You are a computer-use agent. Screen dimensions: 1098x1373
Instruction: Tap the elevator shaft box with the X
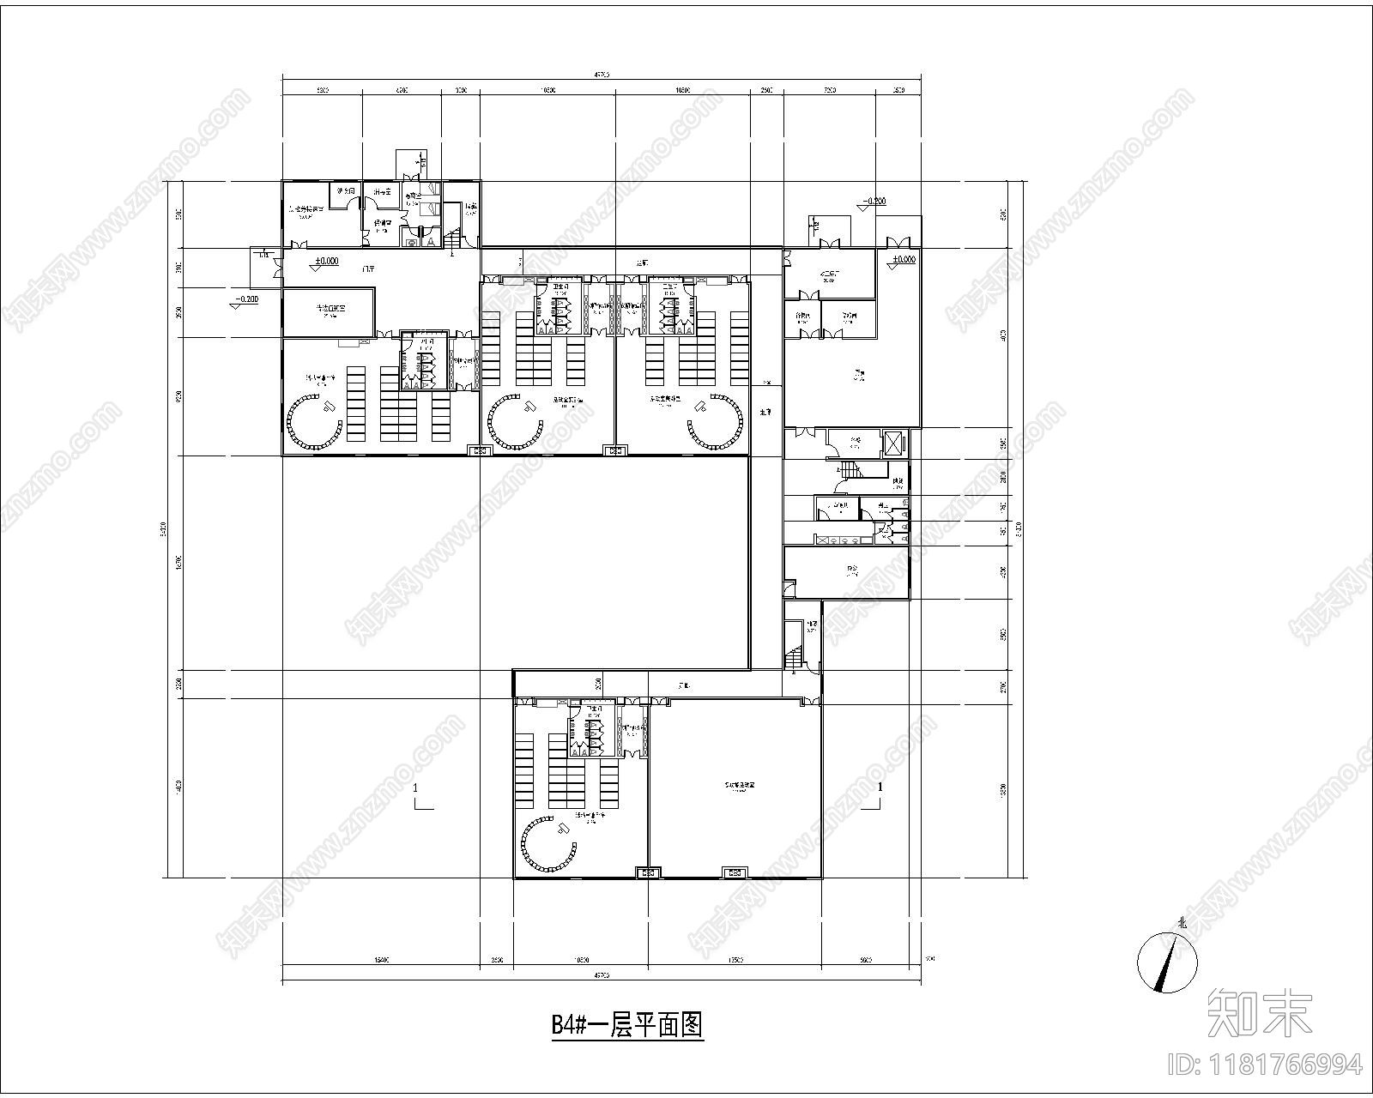(x=893, y=443)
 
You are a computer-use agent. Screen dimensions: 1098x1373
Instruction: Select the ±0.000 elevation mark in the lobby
(x=325, y=262)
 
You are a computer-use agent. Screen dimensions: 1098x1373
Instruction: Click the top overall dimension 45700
(x=601, y=75)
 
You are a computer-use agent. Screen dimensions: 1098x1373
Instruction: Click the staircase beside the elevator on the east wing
(x=850, y=471)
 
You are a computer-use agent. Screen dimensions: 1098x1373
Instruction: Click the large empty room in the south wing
(x=735, y=787)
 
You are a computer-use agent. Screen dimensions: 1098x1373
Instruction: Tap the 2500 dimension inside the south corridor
(x=599, y=684)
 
